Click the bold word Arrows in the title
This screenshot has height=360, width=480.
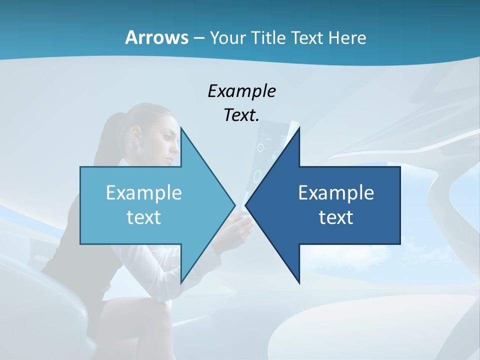(x=156, y=37)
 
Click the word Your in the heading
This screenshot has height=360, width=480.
(x=227, y=37)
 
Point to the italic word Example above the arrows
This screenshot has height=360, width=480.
(x=241, y=91)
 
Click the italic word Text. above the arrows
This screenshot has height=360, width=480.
(x=241, y=115)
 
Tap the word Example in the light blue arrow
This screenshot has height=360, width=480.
(x=143, y=192)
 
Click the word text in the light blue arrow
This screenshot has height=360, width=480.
(x=143, y=217)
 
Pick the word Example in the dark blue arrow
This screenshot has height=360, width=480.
(x=336, y=192)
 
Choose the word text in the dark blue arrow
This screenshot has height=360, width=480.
(x=336, y=217)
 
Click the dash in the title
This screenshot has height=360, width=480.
(x=198, y=38)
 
